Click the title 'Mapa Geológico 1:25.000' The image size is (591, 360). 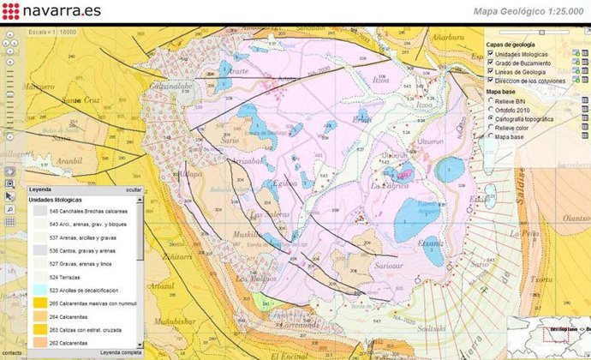(527, 11)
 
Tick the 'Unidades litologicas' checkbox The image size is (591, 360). (490, 54)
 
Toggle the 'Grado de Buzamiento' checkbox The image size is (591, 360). (490, 63)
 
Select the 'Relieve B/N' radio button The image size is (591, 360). (490, 100)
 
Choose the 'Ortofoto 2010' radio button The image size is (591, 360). (490, 109)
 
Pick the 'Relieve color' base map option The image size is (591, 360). (490, 127)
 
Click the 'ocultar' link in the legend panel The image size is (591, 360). (134, 190)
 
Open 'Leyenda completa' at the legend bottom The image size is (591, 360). (120, 352)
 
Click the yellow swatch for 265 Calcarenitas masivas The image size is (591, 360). (39, 303)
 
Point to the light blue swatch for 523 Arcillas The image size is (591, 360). (39, 290)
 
